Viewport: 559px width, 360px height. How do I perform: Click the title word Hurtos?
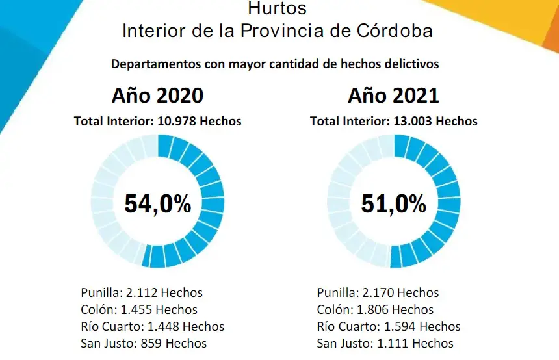click(x=278, y=9)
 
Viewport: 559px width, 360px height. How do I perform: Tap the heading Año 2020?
click(x=157, y=96)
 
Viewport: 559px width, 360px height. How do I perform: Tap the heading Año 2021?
click(x=393, y=96)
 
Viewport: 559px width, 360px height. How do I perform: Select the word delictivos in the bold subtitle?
click(x=412, y=64)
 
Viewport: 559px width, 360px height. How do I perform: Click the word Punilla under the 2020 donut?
click(x=99, y=293)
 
